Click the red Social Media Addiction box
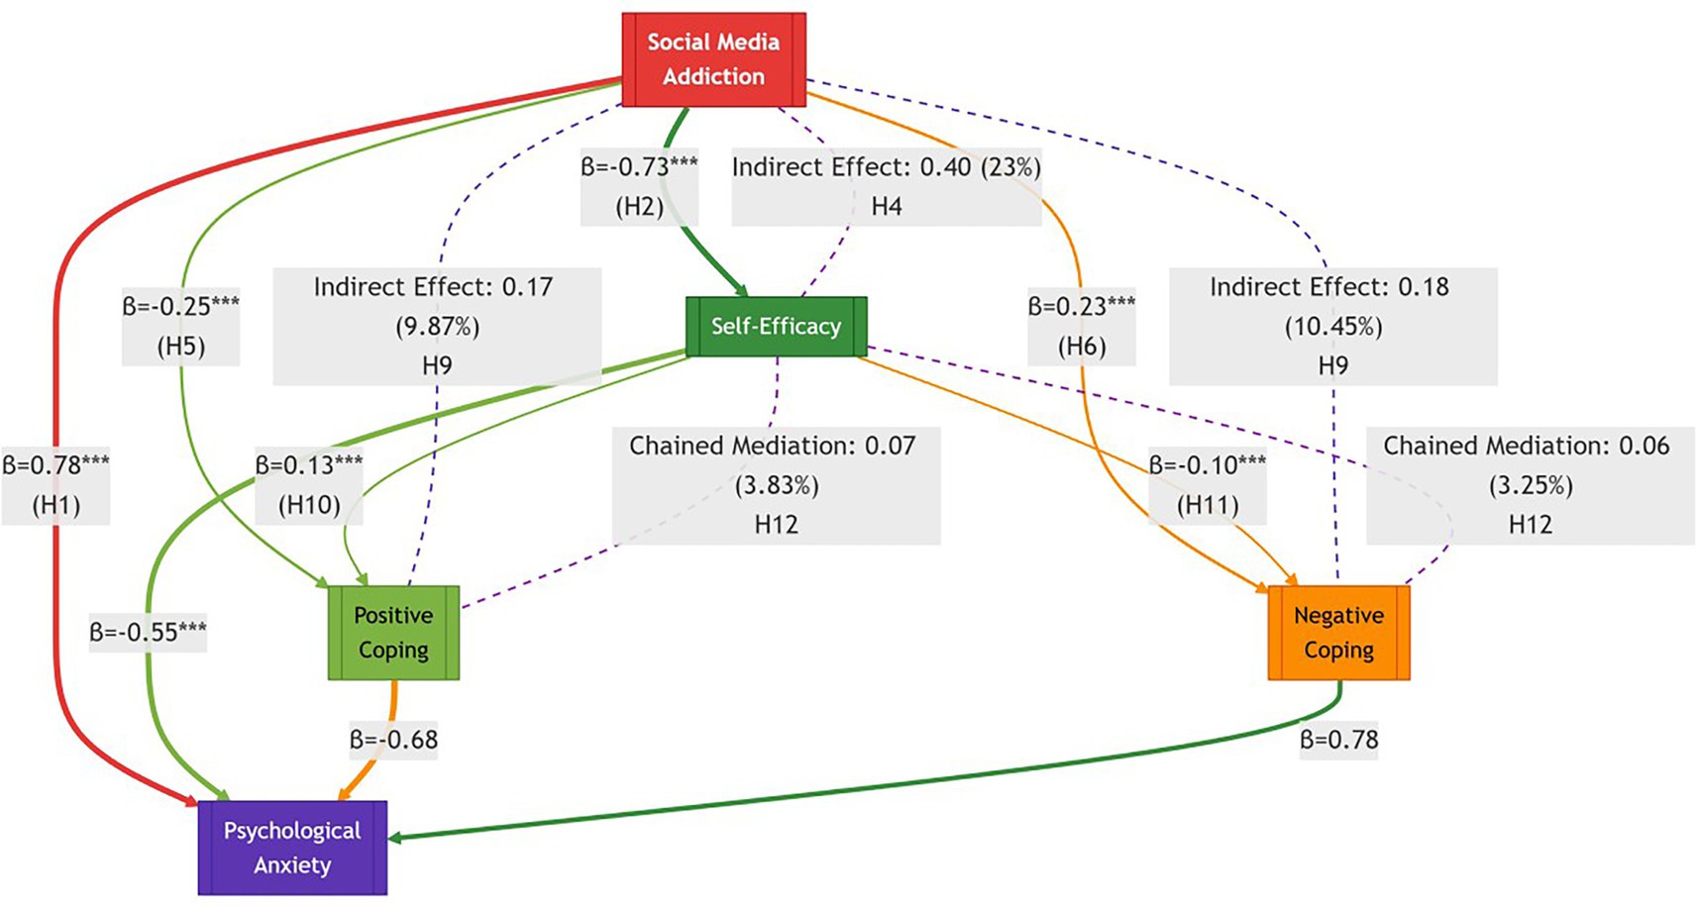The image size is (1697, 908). (713, 59)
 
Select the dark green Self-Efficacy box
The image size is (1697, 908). (776, 327)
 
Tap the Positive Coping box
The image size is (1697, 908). (393, 633)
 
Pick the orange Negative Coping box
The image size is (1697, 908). (1338, 633)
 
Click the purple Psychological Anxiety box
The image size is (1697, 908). (292, 848)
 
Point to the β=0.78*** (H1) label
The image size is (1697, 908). (55, 485)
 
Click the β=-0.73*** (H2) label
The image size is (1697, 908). (639, 186)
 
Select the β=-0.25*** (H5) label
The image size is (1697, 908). (180, 327)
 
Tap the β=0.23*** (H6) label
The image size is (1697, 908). (1081, 327)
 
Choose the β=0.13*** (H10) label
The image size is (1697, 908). (309, 485)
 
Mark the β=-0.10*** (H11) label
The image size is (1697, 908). (1207, 485)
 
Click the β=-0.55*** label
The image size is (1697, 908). (148, 632)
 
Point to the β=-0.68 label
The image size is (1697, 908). (393, 740)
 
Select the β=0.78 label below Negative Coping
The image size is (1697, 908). (1338, 740)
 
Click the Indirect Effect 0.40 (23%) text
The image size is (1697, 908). (886, 168)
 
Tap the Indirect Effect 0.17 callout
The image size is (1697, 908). (437, 327)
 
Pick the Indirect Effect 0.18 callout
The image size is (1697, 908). (1332, 327)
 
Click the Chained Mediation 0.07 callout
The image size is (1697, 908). (776, 485)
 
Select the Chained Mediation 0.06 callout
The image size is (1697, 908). (1530, 485)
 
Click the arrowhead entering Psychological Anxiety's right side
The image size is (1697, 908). (394, 838)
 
